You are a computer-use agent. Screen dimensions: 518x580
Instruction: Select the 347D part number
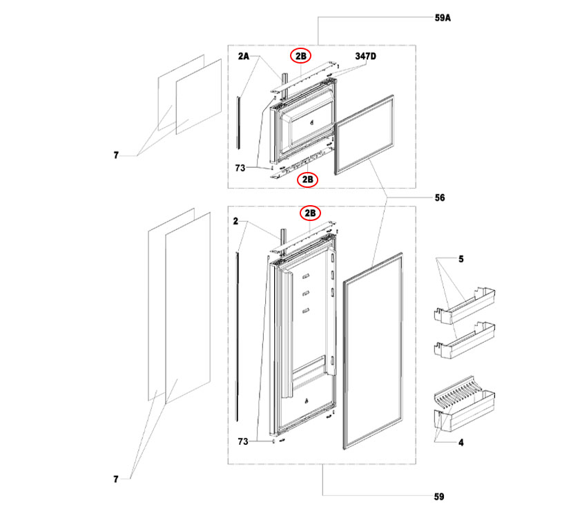(x=366, y=55)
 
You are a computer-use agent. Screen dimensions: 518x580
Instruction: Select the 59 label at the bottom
(x=440, y=497)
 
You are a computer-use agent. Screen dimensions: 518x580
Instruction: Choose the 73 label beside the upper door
(x=241, y=167)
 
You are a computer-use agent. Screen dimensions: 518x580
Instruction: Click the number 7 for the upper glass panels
(x=116, y=157)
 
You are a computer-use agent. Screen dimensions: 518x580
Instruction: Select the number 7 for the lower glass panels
(x=116, y=478)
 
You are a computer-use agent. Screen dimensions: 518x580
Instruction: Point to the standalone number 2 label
(x=235, y=222)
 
